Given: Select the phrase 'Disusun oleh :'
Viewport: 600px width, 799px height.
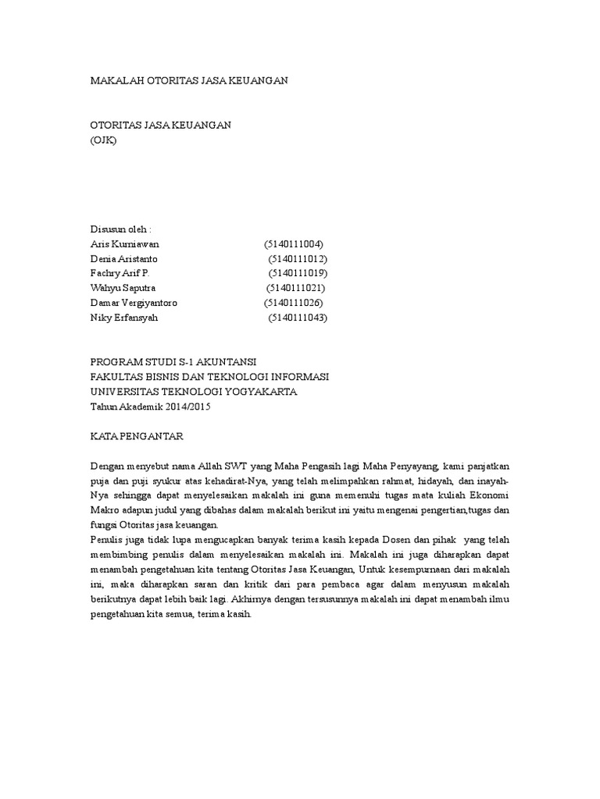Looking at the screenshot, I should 121,229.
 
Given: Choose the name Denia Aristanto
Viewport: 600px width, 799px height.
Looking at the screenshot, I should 124,258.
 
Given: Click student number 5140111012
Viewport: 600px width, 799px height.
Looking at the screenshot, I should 298,258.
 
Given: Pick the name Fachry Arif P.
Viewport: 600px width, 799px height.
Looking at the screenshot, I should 120,273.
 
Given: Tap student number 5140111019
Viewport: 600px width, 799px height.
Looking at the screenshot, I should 298,273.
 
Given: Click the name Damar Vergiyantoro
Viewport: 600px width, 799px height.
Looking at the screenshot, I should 134,303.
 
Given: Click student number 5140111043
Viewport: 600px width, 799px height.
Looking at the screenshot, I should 298,318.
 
